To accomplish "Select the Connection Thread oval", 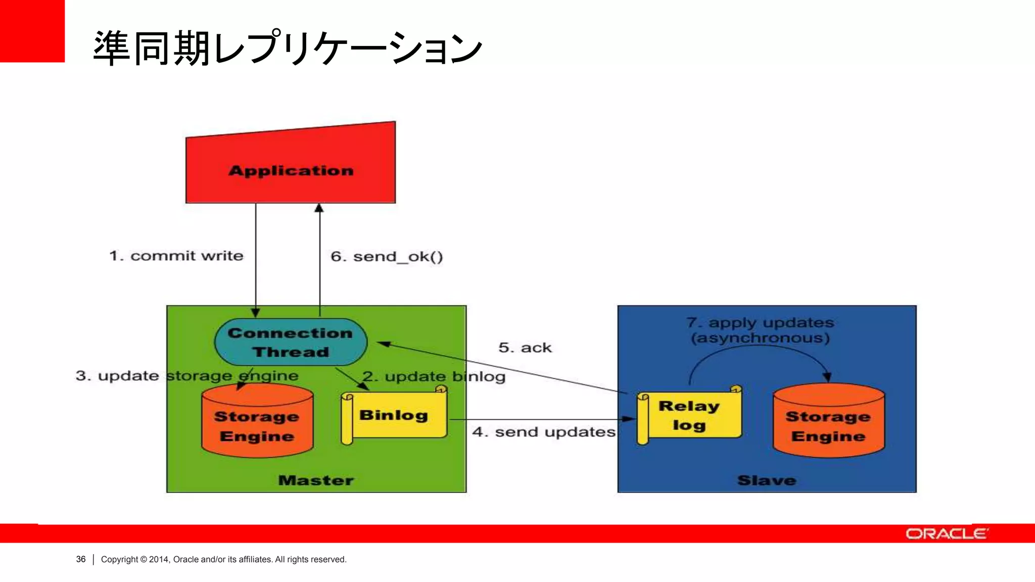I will click(291, 342).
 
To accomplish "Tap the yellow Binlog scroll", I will click(394, 415).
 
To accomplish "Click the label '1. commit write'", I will click(176, 256).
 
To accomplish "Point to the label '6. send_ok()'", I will click(387, 257).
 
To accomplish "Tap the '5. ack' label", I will click(525, 348).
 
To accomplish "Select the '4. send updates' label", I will click(544, 432).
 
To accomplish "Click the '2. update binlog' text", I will click(434, 376).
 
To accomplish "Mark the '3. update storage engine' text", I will click(187, 376).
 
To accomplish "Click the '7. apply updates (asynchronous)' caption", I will click(760, 330).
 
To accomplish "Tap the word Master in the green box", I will click(316, 480).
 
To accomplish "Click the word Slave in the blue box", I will click(767, 480).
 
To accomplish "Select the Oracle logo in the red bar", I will click(946, 534).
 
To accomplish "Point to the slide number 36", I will click(81, 559).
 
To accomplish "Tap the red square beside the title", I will click(32, 31).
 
